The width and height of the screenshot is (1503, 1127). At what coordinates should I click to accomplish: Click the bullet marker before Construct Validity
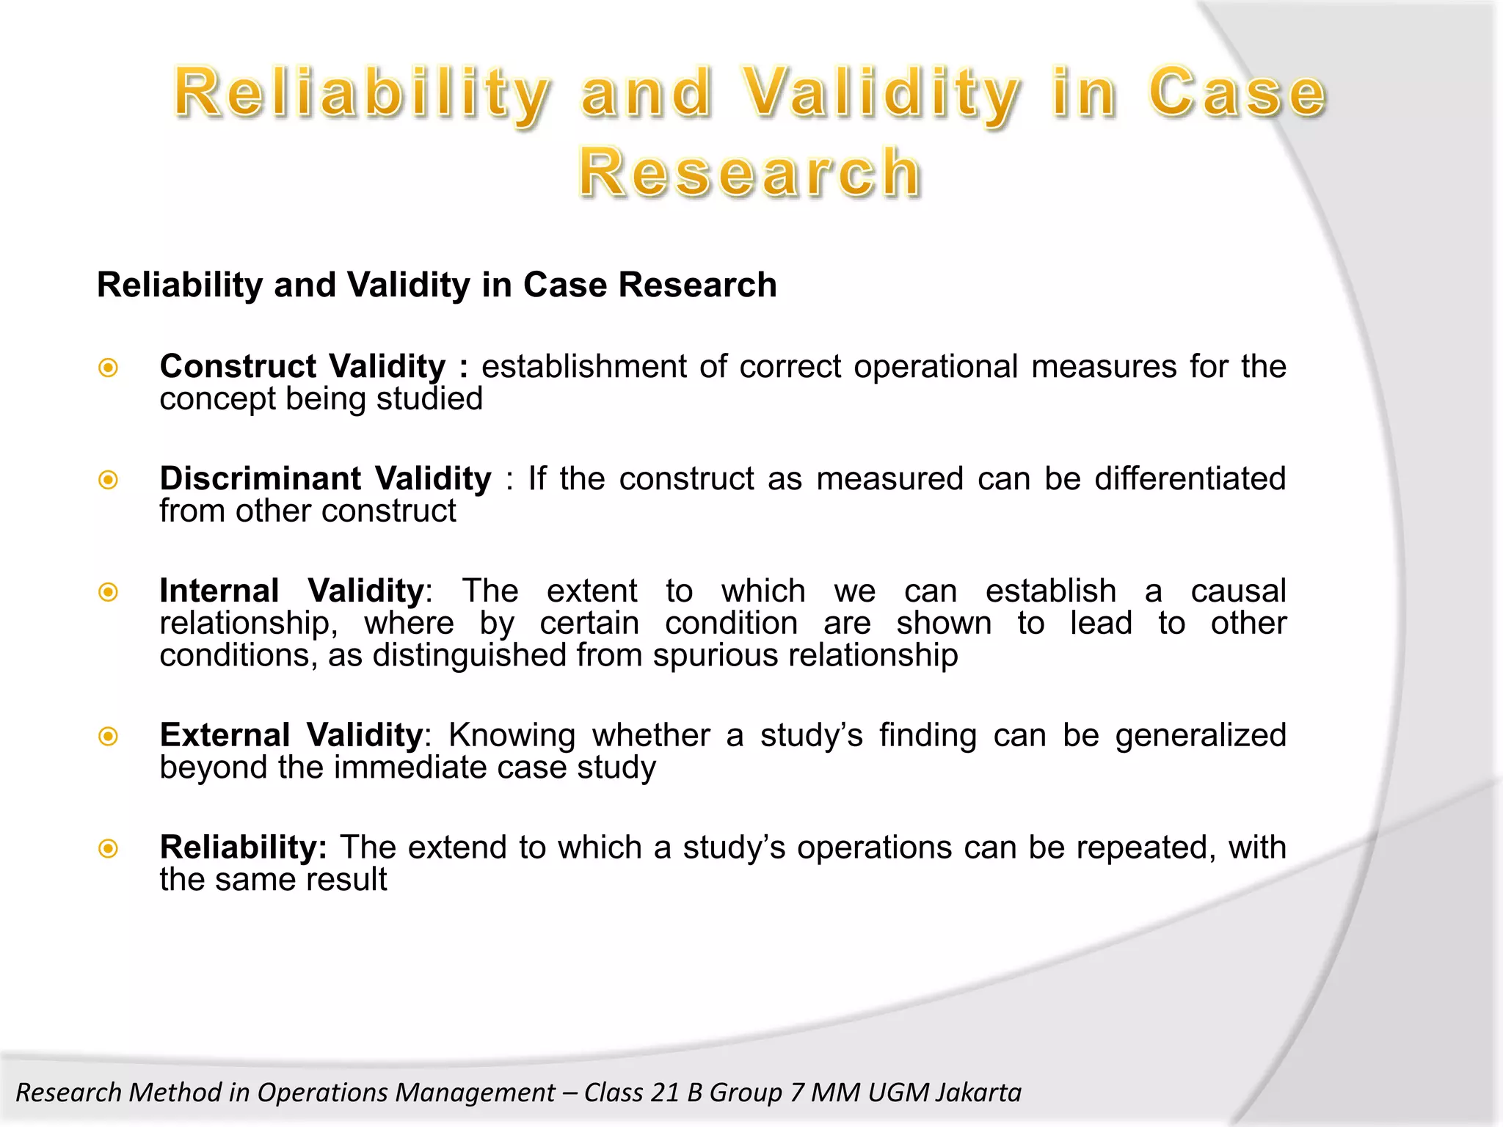[x=109, y=367]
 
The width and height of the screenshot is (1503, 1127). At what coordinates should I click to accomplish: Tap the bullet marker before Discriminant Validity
[x=109, y=480]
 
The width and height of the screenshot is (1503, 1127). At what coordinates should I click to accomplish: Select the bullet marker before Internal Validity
[x=109, y=591]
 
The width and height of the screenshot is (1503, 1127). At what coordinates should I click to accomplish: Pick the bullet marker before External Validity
[x=109, y=736]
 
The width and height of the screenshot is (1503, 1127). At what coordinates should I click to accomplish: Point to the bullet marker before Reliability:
[x=109, y=849]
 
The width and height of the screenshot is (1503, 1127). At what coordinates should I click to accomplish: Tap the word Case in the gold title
[x=1237, y=92]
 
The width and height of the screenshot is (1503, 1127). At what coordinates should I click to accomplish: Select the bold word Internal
[x=219, y=591]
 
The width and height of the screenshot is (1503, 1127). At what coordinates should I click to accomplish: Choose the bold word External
[x=225, y=736]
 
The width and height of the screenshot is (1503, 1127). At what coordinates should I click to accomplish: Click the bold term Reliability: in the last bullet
[x=243, y=848]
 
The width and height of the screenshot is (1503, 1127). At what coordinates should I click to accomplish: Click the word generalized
[x=1201, y=736]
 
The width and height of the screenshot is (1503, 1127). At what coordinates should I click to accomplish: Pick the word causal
[x=1238, y=591]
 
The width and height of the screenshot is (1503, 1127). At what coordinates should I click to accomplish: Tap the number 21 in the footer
[x=664, y=1093]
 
